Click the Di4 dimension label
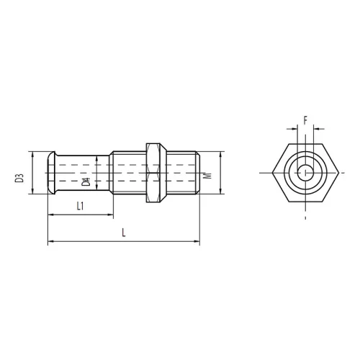86,181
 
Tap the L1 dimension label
80,206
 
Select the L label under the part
124,233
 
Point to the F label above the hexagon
305,120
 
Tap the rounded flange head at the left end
51,173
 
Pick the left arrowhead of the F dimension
294,129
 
